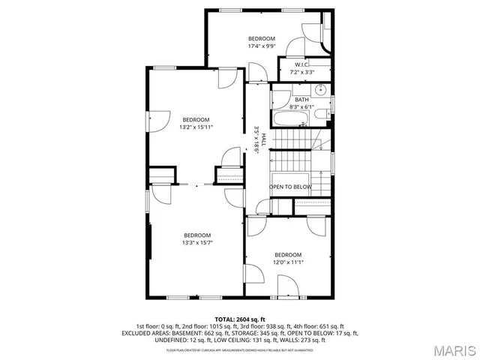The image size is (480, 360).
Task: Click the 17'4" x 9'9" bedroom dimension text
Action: (x=262, y=46)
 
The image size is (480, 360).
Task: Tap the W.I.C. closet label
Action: (x=304, y=64)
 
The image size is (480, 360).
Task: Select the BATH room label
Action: (x=301, y=100)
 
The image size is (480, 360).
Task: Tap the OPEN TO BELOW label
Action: (x=290, y=187)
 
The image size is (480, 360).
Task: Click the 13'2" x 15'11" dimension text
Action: (x=196, y=127)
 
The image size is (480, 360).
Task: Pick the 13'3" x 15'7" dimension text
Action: (x=197, y=242)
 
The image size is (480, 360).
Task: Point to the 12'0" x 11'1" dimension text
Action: (x=287, y=262)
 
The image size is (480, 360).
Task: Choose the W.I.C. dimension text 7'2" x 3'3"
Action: (x=304, y=72)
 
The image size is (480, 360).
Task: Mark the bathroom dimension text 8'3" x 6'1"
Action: (x=301, y=107)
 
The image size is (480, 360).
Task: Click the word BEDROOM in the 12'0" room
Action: (x=287, y=255)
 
